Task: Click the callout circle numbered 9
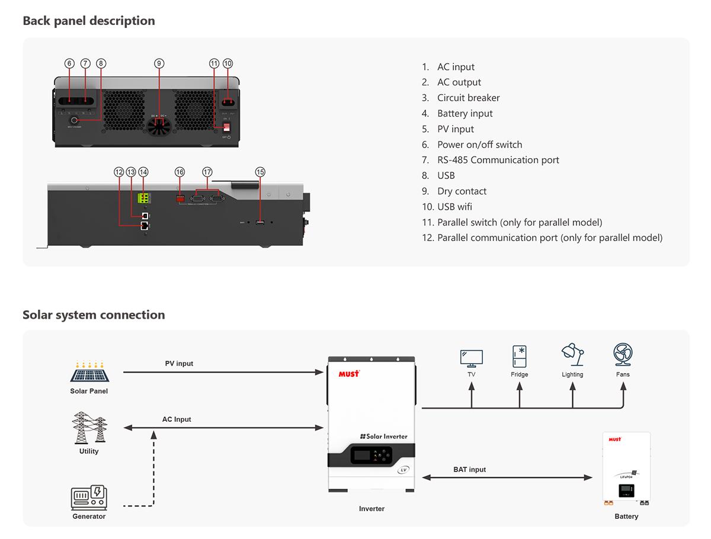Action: click(159, 63)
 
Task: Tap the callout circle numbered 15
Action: click(260, 172)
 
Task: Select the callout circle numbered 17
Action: click(207, 172)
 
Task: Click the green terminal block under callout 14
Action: click(143, 198)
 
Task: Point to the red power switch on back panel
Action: click(226, 126)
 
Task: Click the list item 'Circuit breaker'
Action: click(468, 98)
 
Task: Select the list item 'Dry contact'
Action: click(462, 191)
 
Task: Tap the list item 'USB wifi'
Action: click(454, 207)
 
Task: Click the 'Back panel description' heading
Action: click(89, 21)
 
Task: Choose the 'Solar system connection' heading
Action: click(94, 315)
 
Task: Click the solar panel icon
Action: click(89, 372)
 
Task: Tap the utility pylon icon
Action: click(89, 428)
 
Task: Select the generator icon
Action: click(89, 498)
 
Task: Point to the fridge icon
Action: click(520, 357)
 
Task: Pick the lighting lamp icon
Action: click(572, 355)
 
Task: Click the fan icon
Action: click(623, 354)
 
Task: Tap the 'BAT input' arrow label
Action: click(469, 470)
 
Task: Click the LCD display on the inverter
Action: click(363, 455)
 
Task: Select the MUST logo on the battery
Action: click(615, 439)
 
